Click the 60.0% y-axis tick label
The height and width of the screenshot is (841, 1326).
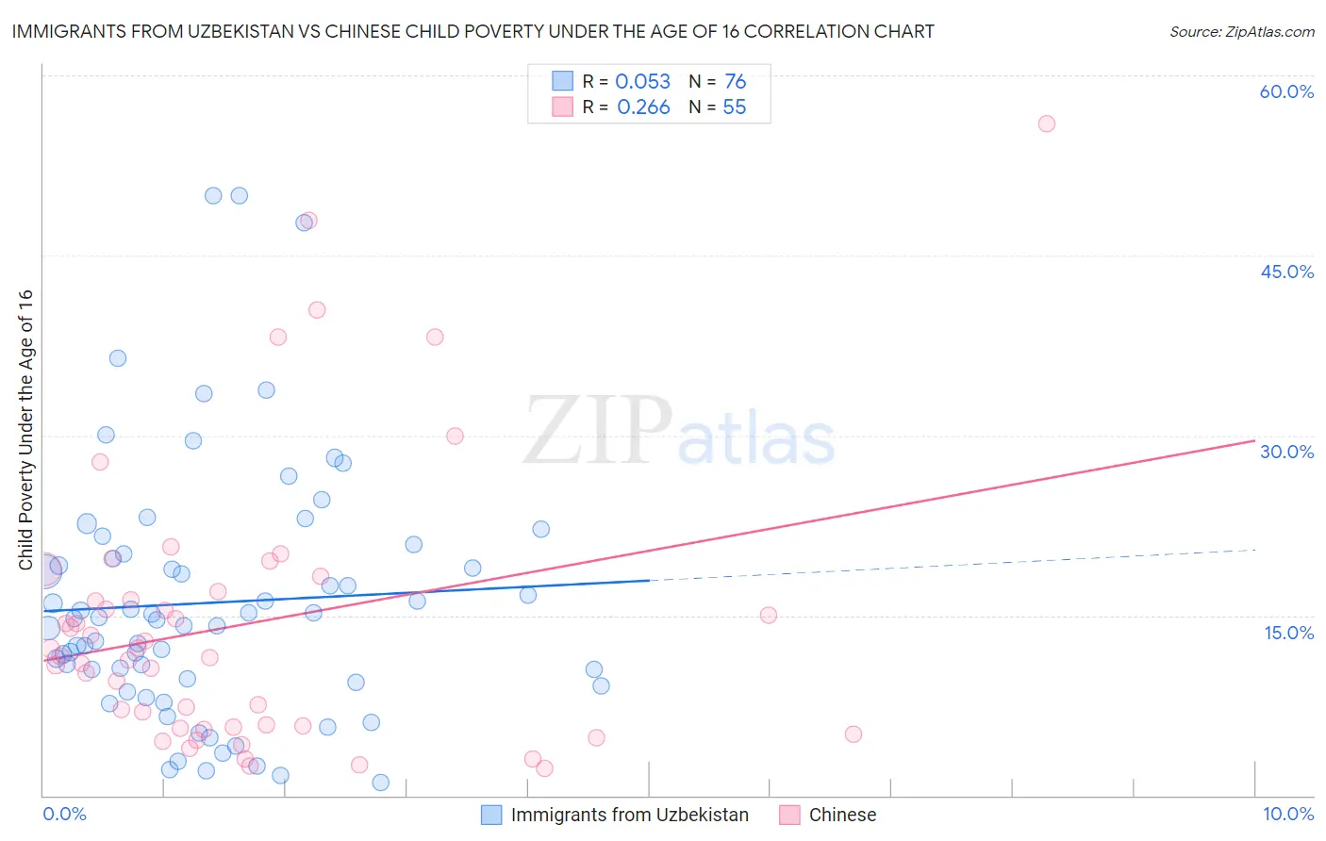[1286, 91]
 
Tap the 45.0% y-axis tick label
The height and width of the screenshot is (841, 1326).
[1286, 272]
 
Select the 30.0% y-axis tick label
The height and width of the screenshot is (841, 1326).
[1286, 452]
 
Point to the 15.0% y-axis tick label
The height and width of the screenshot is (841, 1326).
[1288, 633]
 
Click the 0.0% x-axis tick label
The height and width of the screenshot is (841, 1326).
[64, 814]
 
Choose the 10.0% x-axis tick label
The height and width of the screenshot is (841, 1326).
[1287, 814]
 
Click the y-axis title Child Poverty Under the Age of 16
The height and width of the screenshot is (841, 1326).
[25, 429]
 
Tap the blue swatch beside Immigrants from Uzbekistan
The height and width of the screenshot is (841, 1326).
[491, 815]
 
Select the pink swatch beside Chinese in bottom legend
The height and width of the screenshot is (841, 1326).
[789, 815]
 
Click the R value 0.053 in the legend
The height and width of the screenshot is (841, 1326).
[642, 82]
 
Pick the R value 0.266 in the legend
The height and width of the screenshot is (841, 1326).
[643, 107]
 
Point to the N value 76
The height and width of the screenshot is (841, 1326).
[735, 82]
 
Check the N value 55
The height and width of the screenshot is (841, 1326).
[734, 107]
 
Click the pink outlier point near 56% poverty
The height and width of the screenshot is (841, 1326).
[1046, 124]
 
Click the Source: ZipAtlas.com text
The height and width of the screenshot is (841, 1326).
[1241, 32]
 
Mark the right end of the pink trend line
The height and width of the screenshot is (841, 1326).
[1254, 440]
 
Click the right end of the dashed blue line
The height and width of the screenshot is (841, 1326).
[1254, 550]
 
